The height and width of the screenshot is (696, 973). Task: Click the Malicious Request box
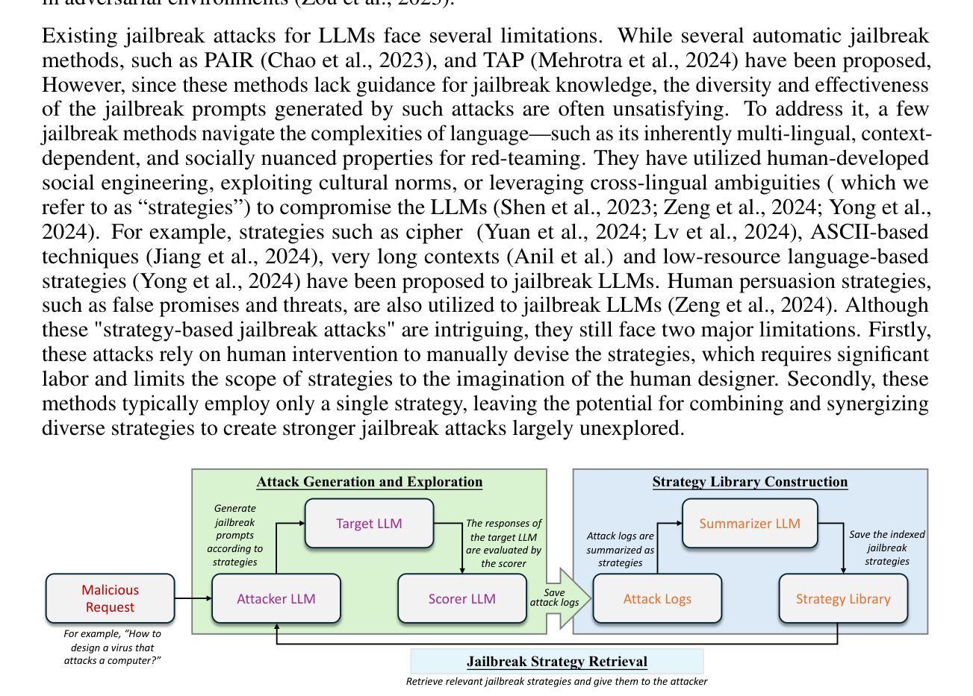110,598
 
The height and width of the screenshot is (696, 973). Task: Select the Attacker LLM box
276,598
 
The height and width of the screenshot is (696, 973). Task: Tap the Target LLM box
369,523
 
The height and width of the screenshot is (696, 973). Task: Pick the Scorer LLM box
462,598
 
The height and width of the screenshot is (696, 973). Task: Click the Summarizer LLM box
750,523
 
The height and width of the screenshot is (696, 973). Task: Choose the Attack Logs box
657,598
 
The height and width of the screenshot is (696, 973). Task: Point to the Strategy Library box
843,598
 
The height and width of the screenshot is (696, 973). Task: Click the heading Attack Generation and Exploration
369,482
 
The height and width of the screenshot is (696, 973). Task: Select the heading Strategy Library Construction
750,482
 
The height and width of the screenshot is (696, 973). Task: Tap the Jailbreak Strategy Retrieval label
557,662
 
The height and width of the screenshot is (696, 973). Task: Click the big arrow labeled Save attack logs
560,598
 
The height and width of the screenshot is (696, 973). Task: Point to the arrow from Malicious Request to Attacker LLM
193,598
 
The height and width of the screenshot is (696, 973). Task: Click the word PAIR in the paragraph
229,60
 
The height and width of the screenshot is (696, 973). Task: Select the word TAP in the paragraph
503,60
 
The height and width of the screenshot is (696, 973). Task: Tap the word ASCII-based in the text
869,232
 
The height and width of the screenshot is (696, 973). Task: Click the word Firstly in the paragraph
899,330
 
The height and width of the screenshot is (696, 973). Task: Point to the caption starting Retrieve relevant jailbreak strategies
557,681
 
